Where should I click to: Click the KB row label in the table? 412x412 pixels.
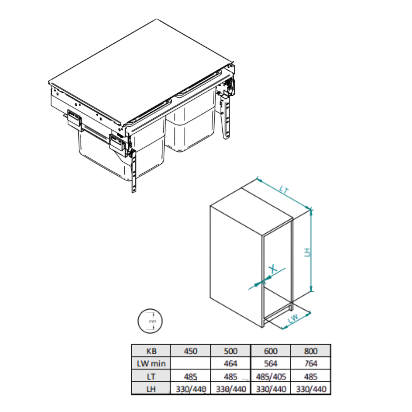[x=151, y=351]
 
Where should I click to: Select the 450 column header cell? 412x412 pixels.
[x=190, y=351]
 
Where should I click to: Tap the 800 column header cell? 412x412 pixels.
[x=310, y=351]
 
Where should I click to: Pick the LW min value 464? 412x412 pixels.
[x=230, y=364]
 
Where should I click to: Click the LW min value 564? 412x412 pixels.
[x=271, y=364]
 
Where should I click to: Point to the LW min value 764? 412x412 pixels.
[x=310, y=364]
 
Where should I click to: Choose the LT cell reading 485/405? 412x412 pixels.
[x=271, y=377]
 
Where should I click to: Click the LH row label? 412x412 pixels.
[x=151, y=389]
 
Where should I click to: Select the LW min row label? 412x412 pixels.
[x=151, y=364]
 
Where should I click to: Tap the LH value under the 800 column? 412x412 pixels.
[x=311, y=389]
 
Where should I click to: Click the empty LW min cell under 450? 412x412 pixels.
[x=190, y=364]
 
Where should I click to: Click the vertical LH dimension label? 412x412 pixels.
[x=307, y=252]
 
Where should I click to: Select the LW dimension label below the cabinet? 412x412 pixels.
[x=293, y=318]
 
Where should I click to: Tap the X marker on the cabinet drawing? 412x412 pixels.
[x=273, y=269]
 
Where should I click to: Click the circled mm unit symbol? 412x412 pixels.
[x=150, y=321]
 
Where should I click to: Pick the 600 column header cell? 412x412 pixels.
[x=271, y=351]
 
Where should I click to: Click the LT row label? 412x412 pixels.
[x=151, y=377]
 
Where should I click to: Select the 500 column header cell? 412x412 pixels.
[x=230, y=351]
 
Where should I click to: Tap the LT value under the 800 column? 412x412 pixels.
[x=310, y=377]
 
